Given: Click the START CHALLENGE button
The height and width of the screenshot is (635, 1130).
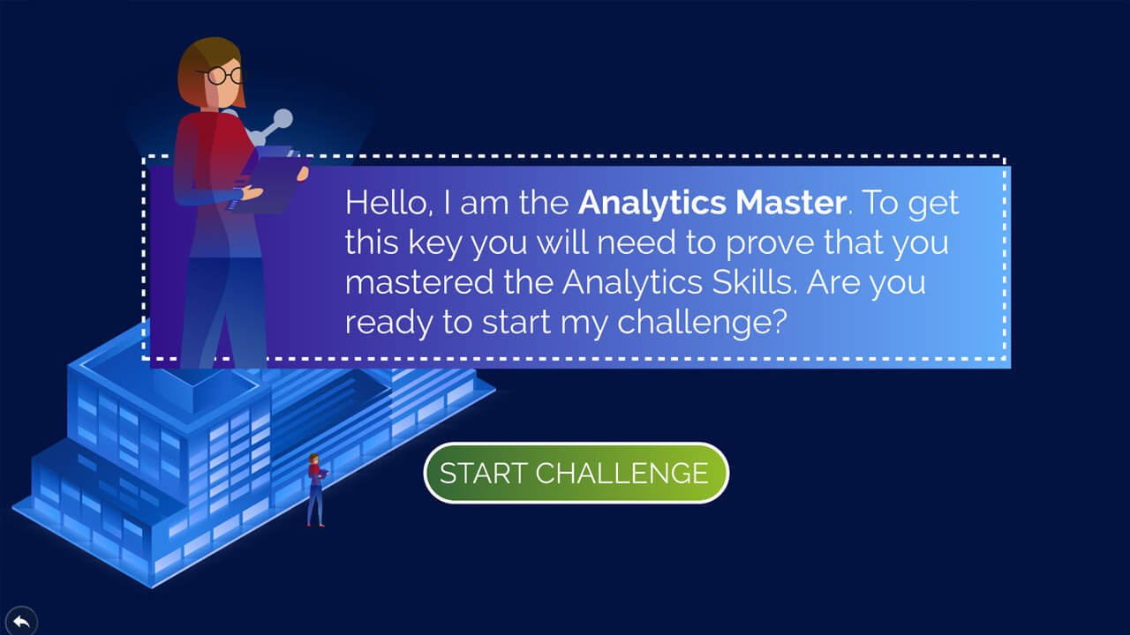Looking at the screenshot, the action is tap(576, 473).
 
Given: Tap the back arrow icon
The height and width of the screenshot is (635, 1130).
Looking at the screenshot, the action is tap(21, 622).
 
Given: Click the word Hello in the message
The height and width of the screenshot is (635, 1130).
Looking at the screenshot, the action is tap(387, 203).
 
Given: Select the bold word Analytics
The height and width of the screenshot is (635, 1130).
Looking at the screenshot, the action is tap(652, 204).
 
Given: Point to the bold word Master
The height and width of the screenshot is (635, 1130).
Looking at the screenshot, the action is tap(791, 203).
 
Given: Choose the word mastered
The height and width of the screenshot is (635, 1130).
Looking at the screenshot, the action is tap(419, 282).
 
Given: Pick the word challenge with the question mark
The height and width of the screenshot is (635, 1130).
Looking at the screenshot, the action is tap(702, 323).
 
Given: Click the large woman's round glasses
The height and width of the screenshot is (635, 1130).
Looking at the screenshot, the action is tap(222, 76).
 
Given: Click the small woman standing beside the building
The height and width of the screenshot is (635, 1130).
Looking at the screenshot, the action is tap(316, 489).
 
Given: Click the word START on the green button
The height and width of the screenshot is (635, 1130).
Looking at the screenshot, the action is tap(483, 474).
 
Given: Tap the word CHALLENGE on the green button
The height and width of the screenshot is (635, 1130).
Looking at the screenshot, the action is tap(622, 474).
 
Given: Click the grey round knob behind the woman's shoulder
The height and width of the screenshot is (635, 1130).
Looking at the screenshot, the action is tap(283, 118).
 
